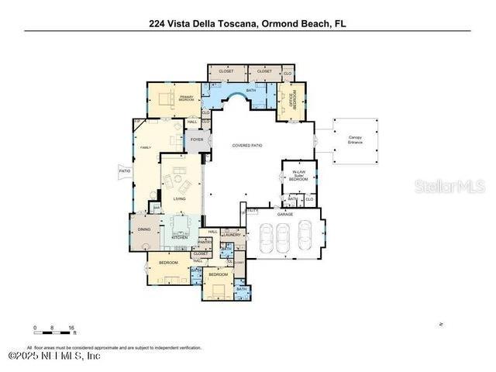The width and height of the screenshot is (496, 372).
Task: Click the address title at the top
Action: click(x=247, y=23)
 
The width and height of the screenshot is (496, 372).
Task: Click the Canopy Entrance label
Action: click(x=355, y=141)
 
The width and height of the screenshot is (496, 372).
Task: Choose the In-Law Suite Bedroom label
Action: click(x=298, y=174)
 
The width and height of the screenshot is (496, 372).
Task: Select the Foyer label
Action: click(x=196, y=140)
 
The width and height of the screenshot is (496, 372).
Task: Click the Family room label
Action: click(x=145, y=146)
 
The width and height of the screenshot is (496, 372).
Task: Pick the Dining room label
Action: click(x=143, y=229)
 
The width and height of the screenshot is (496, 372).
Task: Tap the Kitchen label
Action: click(x=179, y=237)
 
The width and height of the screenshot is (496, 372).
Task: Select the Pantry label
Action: click(x=205, y=242)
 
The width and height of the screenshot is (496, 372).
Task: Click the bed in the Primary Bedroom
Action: click(x=167, y=97)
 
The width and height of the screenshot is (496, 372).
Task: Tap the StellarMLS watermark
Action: click(x=449, y=186)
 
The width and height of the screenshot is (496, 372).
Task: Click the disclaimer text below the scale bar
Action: click(x=114, y=348)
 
